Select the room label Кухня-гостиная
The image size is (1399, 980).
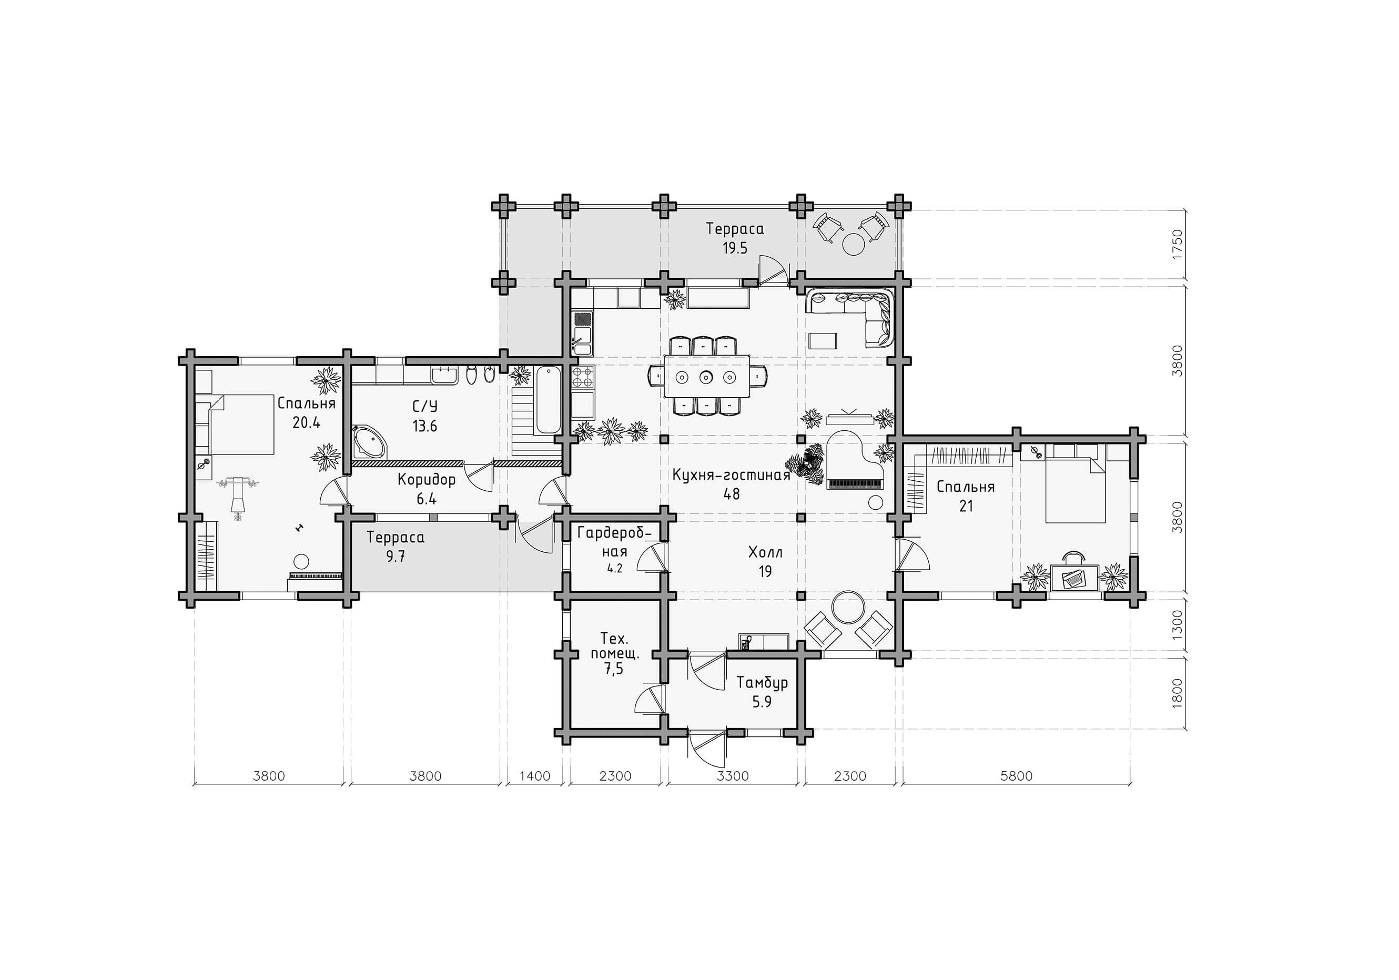click(731, 475)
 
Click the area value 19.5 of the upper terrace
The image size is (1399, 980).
click(735, 248)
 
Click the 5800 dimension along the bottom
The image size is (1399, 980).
click(1016, 776)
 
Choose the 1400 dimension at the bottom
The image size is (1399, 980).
click(534, 776)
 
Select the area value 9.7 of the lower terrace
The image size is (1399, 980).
click(396, 557)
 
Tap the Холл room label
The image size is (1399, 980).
click(765, 553)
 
